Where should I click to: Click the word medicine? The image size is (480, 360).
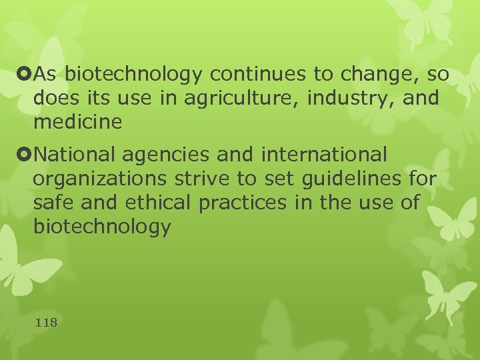click(x=78, y=123)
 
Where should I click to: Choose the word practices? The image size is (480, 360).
click(x=246, y=203)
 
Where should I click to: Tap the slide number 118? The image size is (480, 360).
click(x=46, y=323)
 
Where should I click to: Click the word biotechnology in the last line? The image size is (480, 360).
click(x=101, y=227)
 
